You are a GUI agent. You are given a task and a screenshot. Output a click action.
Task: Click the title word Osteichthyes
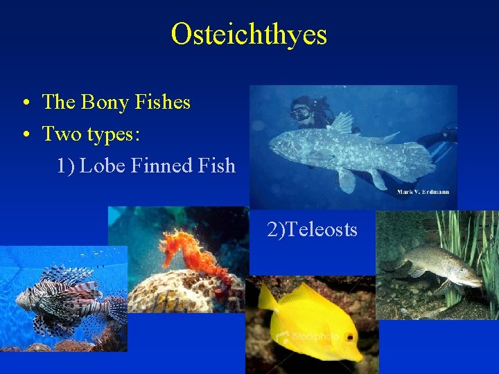tap(249, 34)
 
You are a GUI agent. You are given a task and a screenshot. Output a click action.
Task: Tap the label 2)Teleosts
tap(312, 229)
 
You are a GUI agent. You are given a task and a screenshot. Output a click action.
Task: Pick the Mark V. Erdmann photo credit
tap(423, 191)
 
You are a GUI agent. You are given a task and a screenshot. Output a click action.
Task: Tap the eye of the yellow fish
tap(351, 337)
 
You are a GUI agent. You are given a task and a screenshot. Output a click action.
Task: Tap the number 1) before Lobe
tap(66, 166)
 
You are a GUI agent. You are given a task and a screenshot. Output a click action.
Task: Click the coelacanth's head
tap(281, 146)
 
